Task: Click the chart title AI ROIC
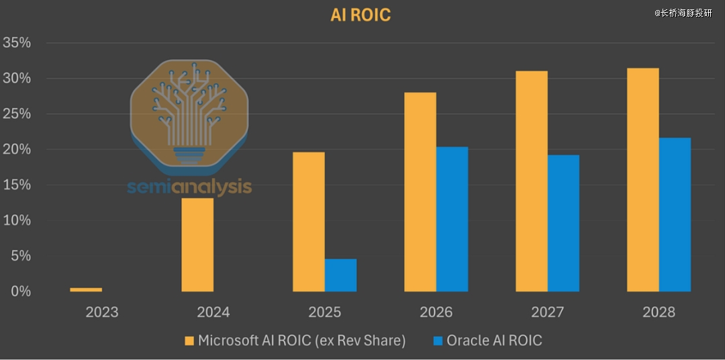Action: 360,15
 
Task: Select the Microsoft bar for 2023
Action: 86,289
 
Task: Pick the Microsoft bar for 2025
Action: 309,222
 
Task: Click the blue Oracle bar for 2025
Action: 340,275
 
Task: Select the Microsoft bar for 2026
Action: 420,192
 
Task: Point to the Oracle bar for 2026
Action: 452,219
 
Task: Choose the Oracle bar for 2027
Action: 563,223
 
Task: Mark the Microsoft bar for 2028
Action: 642,180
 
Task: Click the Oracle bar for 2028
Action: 675,214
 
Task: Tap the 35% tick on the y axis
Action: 17,43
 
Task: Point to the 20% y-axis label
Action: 17,149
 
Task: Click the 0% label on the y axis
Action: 21,291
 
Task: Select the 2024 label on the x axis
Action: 213,312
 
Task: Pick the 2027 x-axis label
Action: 548,312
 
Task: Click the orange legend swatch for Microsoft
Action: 190,341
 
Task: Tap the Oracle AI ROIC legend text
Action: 495,341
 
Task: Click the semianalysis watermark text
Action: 189,187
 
